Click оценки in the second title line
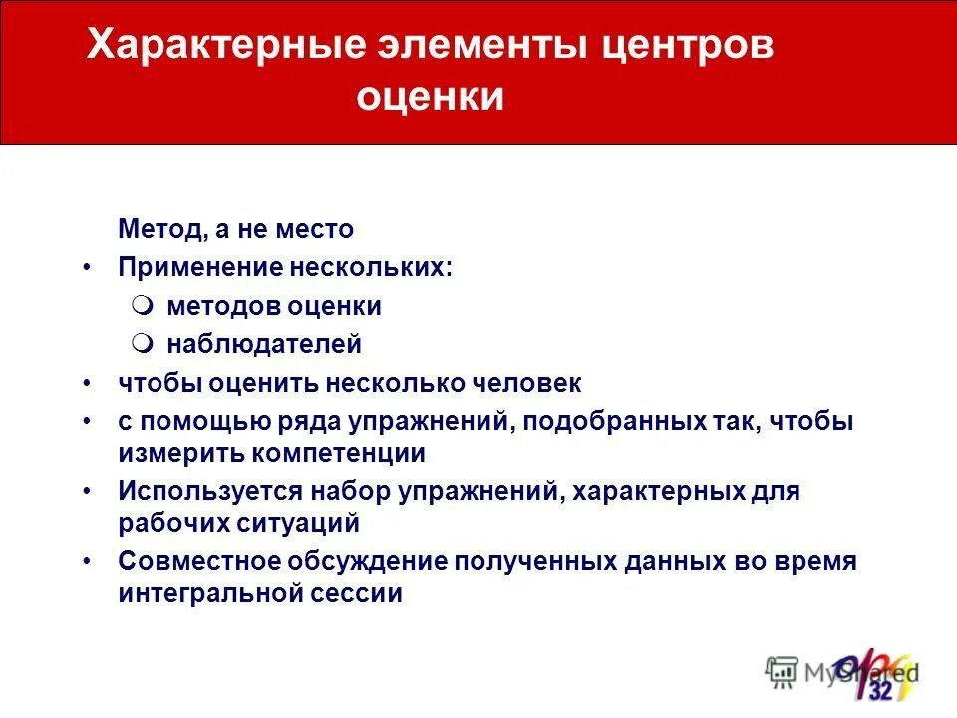point(430,98)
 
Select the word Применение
point(200,268)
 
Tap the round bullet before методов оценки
point(144,305)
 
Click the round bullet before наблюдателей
point(144,344)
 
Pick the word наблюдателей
point(264,345)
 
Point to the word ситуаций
point(310,523)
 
